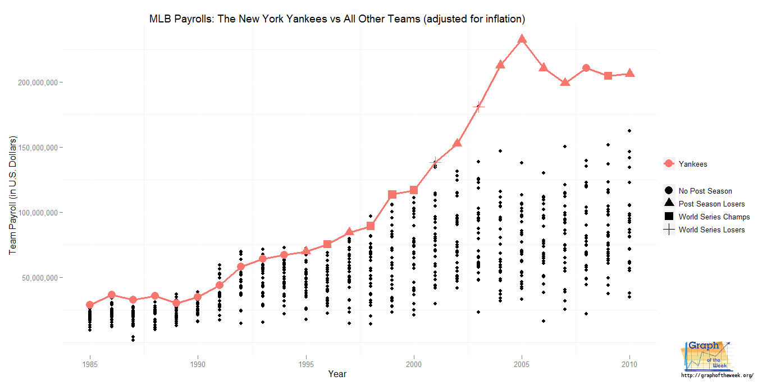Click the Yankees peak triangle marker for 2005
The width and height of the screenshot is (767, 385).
coord(522,39)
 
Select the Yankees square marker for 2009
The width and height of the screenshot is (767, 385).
coord(608,76)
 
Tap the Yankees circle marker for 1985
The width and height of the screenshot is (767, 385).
coord(90,305)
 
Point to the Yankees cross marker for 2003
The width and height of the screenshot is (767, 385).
coord(478,106)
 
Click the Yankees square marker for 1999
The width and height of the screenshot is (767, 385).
coord(392,195)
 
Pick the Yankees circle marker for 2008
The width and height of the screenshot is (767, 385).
coord(586,68)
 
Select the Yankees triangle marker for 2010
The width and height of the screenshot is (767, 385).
coord(630,74)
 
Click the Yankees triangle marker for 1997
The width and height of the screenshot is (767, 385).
coord(349,232)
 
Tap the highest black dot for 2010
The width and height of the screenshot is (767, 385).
coord(629,131)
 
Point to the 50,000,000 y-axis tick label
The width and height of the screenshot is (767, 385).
coord(40,278)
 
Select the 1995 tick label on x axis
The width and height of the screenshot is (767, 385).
coord(306,364)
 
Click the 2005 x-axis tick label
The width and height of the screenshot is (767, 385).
coord(522,364)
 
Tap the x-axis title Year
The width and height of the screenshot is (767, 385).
coord(337,374)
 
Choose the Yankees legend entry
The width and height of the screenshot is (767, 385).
coord(692,164)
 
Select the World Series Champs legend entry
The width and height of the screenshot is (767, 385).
coord(714,217)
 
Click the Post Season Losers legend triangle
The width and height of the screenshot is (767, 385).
coord(669,203)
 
